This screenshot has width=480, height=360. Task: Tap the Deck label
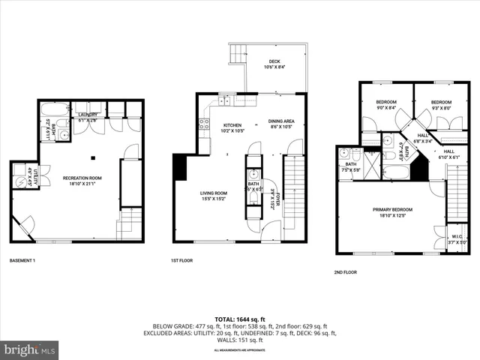coord(268,64)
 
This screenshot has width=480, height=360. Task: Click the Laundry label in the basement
coord(88,117)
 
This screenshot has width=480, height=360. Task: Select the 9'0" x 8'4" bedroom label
coord(385,105)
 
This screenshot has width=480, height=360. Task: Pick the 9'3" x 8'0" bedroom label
coord(441,105)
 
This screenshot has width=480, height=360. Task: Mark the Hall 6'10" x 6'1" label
coord(449,154)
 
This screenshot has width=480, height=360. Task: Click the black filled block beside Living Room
coord(180,166)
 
